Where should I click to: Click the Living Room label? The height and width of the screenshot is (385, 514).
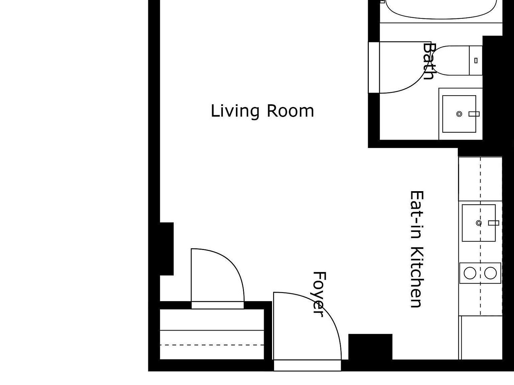pos(262,111)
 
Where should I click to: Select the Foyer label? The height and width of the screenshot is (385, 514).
pos(319,294)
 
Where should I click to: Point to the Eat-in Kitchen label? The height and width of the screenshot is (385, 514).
pos(417,249)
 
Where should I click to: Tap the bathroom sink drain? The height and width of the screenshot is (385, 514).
pos(459,114)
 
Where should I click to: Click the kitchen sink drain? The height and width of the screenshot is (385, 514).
pos(479,223)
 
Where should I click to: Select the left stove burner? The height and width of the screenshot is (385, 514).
pos(470,273)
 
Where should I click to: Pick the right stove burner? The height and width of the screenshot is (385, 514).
pos(491,273)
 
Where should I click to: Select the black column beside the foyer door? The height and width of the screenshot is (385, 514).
pos(370,347)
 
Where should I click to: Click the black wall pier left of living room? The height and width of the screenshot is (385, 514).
pos(167,249)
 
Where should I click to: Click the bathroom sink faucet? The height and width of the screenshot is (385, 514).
pos(474,114)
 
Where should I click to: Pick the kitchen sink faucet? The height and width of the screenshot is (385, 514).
pos(494,223)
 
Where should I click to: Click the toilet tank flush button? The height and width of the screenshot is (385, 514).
pos(476,60)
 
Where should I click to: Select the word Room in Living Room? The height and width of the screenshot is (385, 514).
pos(290,111)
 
